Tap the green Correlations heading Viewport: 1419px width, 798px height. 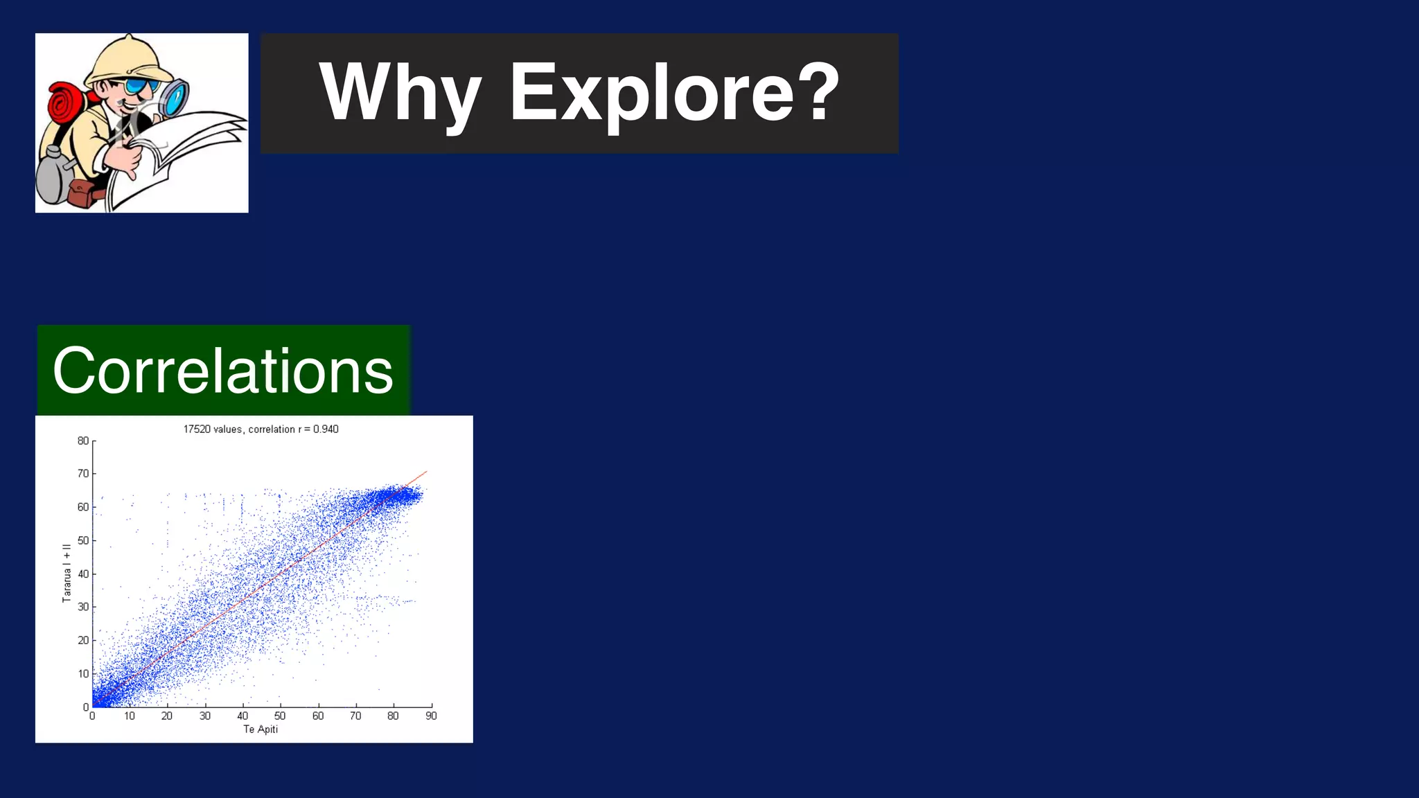[x=223, y=371]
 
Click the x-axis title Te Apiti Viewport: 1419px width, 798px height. [x=261, y=729]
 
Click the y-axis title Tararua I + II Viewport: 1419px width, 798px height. [x=67, y=573]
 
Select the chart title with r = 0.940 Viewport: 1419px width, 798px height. [x=261, y=429]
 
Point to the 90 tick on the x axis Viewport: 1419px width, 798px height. [x=431, y=716]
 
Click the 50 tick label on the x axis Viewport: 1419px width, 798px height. [x=280, y=716]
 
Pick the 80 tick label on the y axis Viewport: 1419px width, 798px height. [x=83, y=441]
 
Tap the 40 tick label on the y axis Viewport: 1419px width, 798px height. [x=83, y=574]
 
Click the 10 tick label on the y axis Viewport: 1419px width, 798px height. [x=83, y=673]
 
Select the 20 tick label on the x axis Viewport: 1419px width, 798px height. [x=167, y=716]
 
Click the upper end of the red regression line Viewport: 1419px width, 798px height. [x=426, y=472]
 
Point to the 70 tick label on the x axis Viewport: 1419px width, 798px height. [x=355, y=716]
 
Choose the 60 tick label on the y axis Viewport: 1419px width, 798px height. [x=83, y=507]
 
